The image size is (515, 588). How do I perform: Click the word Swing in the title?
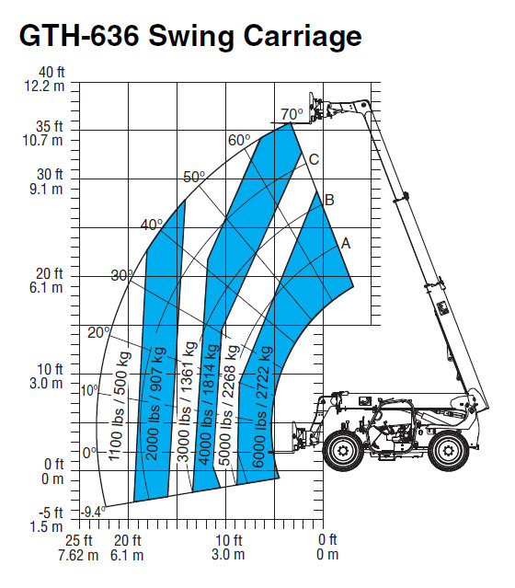coord(191,37)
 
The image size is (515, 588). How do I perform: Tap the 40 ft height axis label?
coord(51,72)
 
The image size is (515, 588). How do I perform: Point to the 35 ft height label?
coord(49,126)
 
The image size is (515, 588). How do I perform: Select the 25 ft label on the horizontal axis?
coord(79,540)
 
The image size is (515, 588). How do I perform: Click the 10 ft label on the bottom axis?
coord(229,540)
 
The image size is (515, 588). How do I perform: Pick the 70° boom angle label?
coord(292,114)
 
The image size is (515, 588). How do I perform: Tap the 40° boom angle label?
coord(152,225)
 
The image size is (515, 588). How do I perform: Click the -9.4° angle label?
coord(94,512)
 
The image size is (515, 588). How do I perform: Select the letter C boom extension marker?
coord(314,160)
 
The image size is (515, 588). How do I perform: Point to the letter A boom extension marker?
coord(346,244)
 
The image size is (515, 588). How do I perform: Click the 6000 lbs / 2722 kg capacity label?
coord(261,407)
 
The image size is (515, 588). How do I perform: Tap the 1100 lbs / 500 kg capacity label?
coord(120,406)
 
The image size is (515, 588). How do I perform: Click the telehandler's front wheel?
coord(342,450)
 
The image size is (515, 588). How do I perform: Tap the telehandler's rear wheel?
coord(448,451)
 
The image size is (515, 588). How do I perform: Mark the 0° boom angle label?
coord(89,453)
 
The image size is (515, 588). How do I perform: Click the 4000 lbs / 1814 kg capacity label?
coord(209,404)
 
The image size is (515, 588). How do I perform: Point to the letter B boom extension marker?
coord(329,200)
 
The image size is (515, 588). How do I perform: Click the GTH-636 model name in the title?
coord(79,36)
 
